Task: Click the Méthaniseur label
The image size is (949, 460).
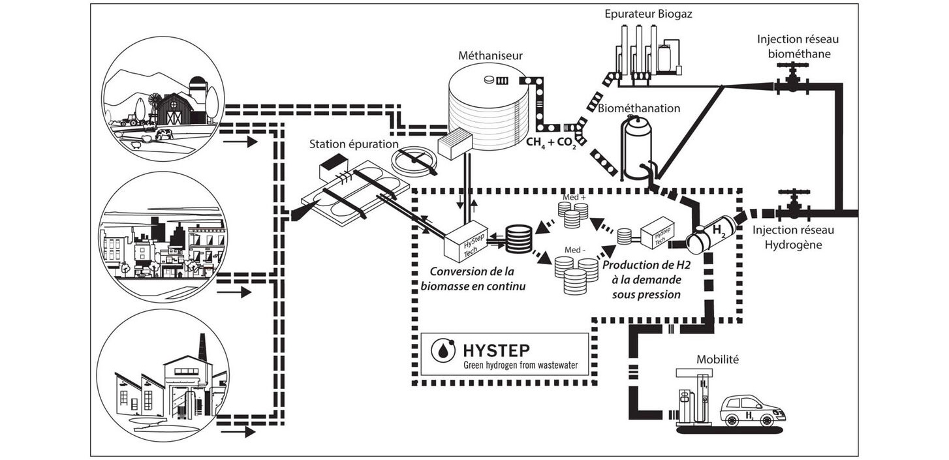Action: tap(490, 55)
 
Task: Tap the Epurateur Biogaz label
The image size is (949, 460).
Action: tap(648, 14)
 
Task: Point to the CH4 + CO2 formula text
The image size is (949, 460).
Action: tap(551, 143)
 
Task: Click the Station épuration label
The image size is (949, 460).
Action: tap(354, 144)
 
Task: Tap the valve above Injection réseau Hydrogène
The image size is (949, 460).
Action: tap(792, 206)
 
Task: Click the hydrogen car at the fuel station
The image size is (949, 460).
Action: tap(753, 411)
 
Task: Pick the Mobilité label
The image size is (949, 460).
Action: tap(718, 360)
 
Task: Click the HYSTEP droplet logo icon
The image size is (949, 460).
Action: tap(443, 350)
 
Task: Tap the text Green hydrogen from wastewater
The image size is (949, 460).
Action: tap(520, 365)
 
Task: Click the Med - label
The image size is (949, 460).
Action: tap(575, 250)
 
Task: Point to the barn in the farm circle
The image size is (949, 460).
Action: tap(174, 109)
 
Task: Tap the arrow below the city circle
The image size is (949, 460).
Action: tap(234, 292)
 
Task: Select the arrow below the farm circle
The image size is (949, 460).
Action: tap(240, 142)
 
